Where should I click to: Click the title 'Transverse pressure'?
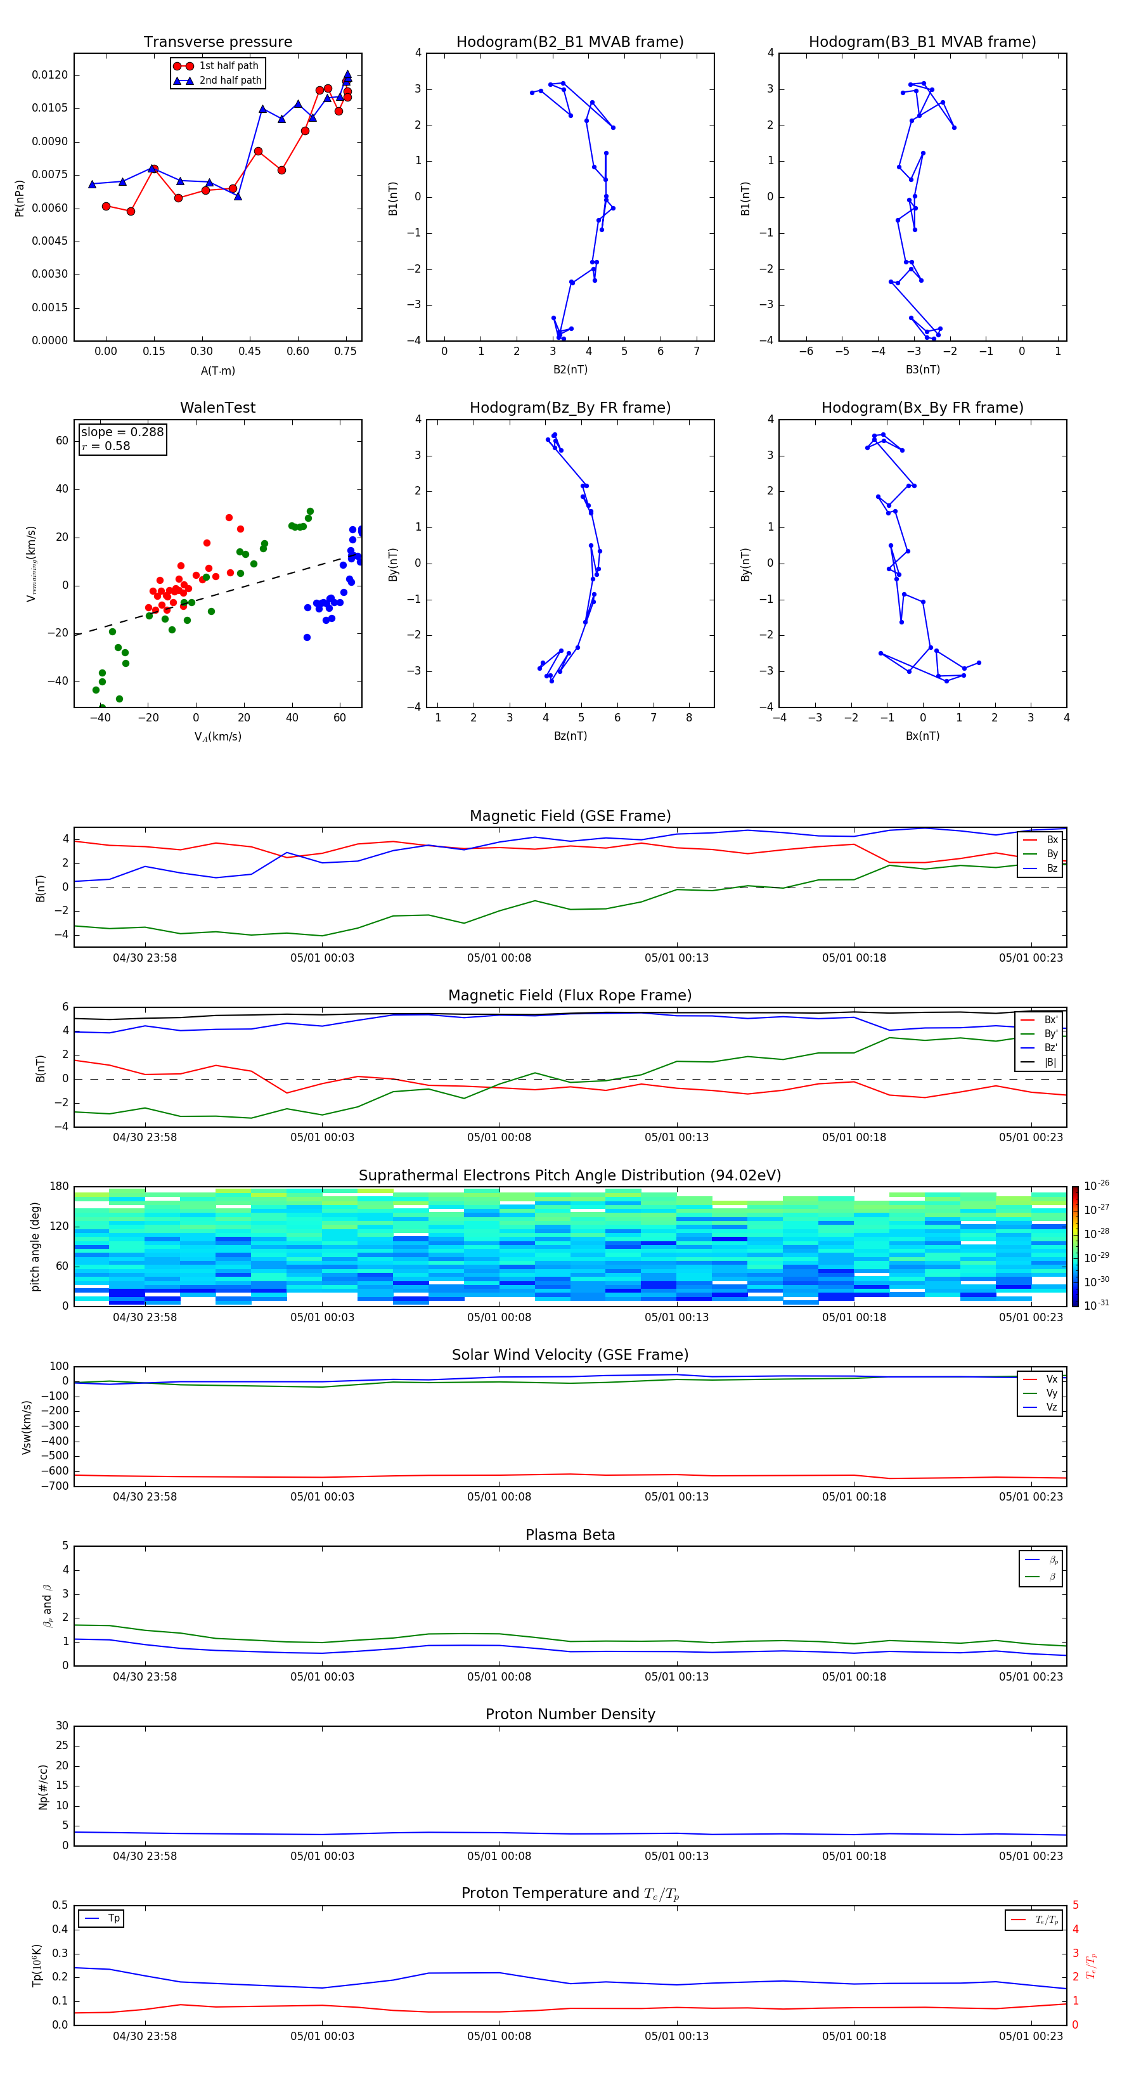pyautogui.click(x=217, y=42)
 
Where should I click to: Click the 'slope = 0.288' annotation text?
pyautogui.click(x=122, y=432)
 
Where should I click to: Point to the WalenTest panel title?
pyautogui.click(x=217, y=408)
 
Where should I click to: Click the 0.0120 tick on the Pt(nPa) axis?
pyautogui.click(x=49, y=75)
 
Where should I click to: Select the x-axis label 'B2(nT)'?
pyautogui.click(x=570, y=370)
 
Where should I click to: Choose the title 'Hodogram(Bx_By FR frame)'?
pyautogui.click(x=922, y=408)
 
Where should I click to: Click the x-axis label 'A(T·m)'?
pyautogui.click(x=217, y=371)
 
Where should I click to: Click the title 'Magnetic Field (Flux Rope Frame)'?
pyautogui.click(x=569, y=996)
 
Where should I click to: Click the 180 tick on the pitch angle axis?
pyautogui.click(x=60, y=1187)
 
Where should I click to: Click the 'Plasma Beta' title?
pyautogui.click(x=570, y=1535)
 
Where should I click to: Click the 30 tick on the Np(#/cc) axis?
pyautogui.click(x=61, y=1726)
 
